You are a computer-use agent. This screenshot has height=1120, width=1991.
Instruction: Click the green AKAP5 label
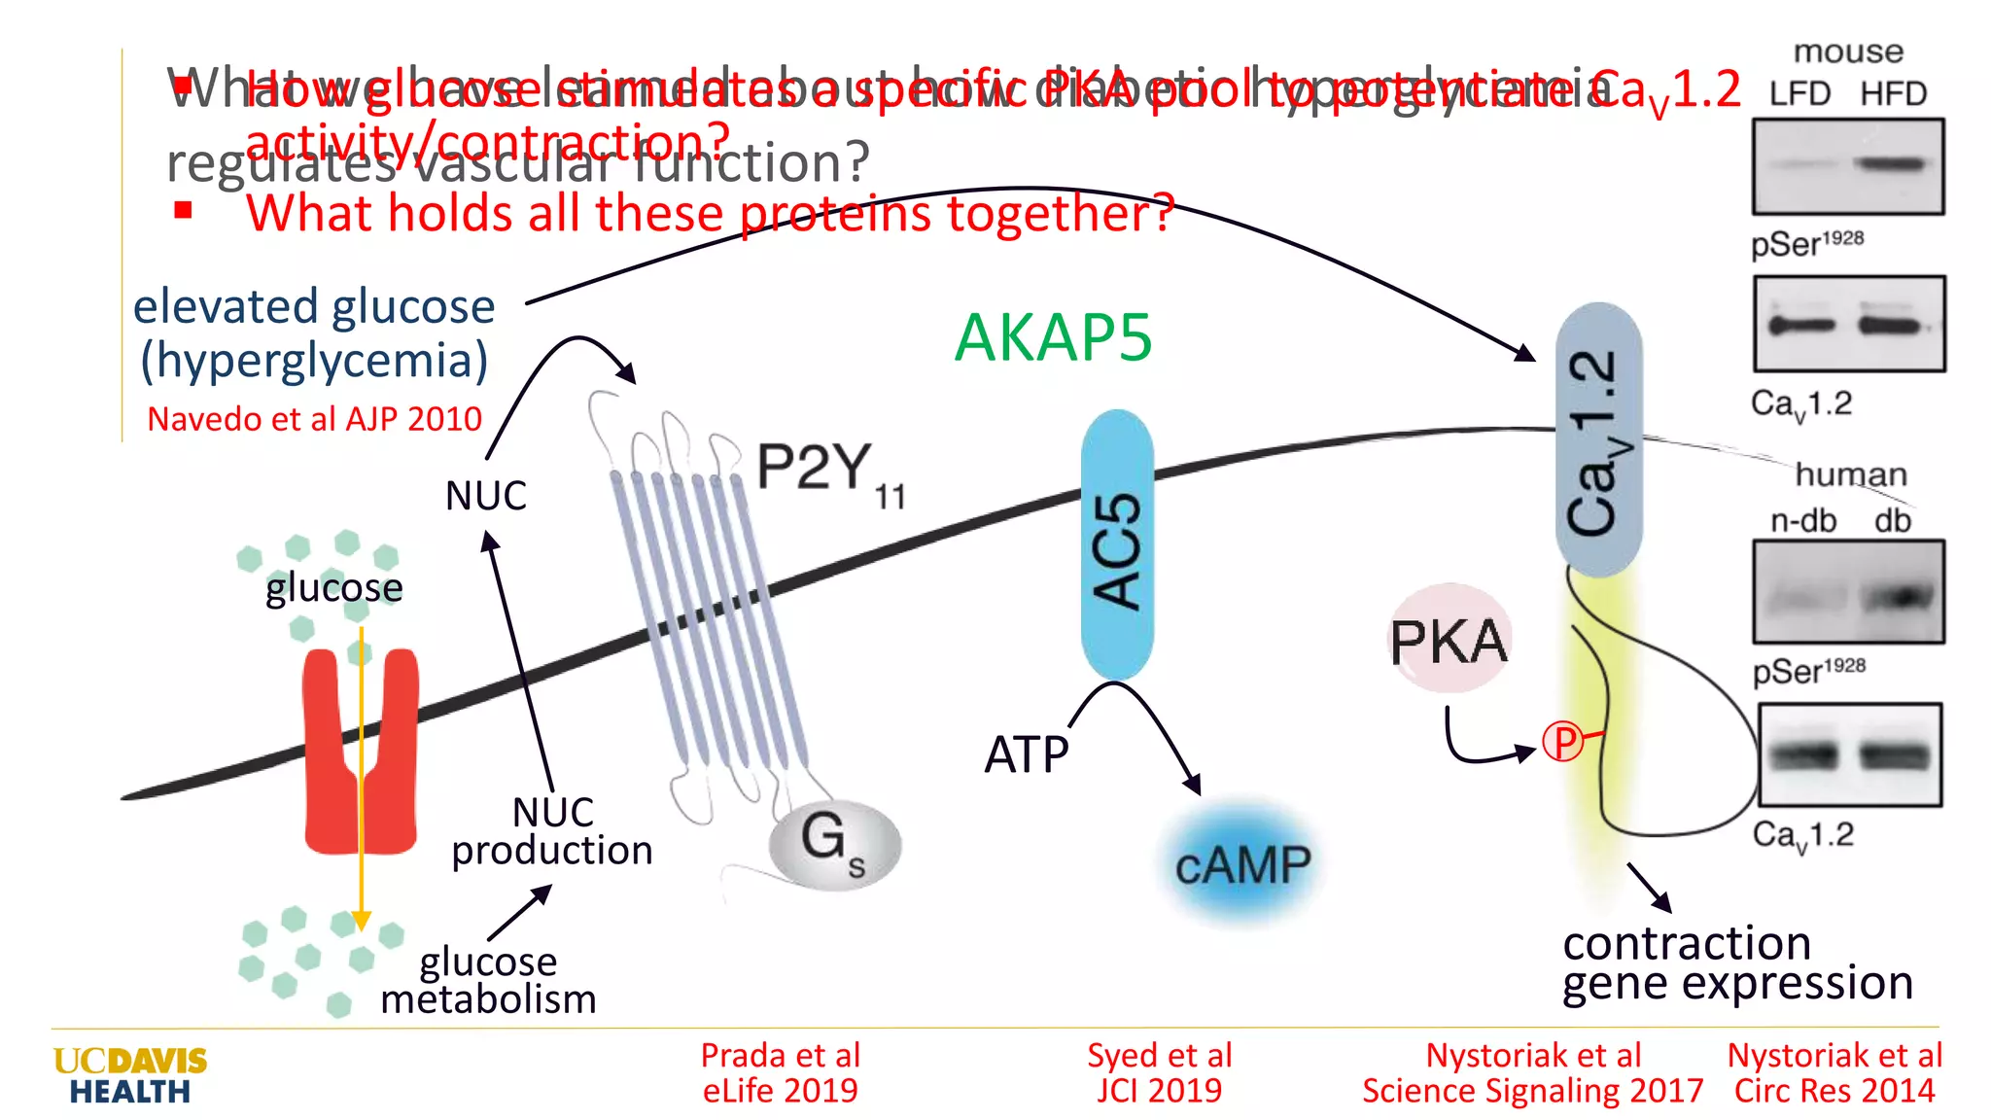(x=1053, y=337)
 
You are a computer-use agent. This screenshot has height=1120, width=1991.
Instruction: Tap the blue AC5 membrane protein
(x=1117, y=545)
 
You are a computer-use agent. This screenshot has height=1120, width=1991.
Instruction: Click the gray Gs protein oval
(x=834, y=844)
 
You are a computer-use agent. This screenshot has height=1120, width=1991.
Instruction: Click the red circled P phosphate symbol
(x=1563, y=743)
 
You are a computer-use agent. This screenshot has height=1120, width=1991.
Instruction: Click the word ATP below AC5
(x=1027, y=754)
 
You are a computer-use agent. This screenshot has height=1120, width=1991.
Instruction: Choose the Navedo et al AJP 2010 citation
(x=314, y=419)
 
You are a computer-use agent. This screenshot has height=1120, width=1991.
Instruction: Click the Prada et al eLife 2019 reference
(x=781, y=1072)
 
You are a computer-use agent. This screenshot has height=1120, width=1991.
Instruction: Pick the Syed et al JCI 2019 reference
(x=1159, y=1072)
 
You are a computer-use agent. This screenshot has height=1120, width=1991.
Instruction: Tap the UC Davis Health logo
(x=130, y=1075)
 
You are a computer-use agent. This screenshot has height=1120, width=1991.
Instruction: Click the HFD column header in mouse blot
(x=1893, y=94)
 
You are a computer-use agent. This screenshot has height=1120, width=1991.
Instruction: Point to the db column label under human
(x=1892, y=521)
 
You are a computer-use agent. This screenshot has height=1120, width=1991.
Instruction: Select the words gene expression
(x=1737, y=984)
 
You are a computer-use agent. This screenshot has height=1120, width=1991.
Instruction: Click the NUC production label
(x=552, y=831)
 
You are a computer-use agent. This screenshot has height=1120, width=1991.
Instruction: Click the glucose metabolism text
(x=488, y=980)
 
